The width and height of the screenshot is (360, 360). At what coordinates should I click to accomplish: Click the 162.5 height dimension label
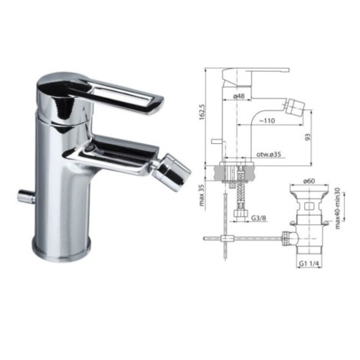(x=201, y=111)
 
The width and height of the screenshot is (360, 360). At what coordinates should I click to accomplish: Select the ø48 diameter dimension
(x=239, y=97)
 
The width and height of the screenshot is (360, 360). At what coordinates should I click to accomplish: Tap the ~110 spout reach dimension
(x=267, y=120)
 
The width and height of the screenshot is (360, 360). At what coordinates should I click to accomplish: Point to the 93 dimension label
(x=309, y=137)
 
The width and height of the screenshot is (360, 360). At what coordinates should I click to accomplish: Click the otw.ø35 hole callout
(x=269, y=155)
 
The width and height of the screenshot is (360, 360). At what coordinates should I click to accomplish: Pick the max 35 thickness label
(x=201, y=195)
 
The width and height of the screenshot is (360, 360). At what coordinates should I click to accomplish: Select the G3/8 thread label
(x=258, y=218)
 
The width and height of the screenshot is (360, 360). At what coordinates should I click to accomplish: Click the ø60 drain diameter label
(x=309, y=181)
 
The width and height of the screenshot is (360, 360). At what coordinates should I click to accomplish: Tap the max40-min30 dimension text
(x=338, y=208)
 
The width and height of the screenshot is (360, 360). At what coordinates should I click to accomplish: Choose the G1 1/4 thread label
(x=309, y=263)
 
